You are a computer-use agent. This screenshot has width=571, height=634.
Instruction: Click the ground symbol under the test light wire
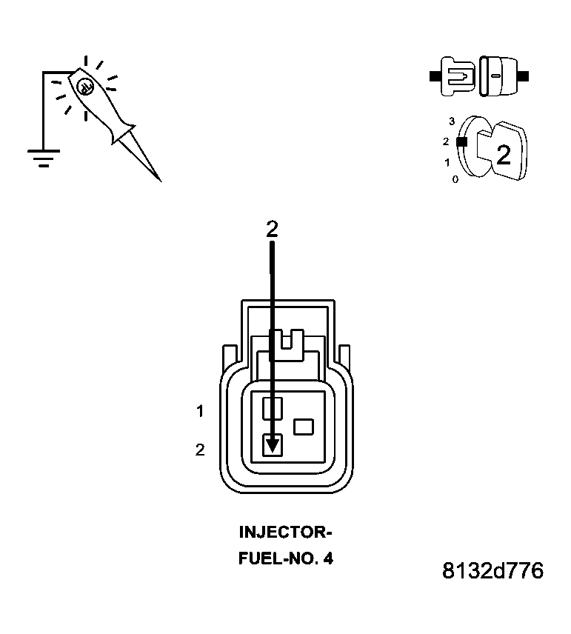point(44,158)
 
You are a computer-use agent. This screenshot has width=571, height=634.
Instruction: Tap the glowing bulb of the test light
point(84,85)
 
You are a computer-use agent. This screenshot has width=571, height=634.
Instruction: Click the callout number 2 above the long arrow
point(272,230)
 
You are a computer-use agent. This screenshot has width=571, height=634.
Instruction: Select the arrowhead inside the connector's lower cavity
point(273,444)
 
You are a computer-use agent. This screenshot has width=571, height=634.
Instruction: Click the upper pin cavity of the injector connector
point(273,407)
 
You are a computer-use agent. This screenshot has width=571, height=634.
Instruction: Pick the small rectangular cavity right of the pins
point(304,427)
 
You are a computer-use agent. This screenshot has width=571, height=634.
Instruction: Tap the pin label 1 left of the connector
point(200,410)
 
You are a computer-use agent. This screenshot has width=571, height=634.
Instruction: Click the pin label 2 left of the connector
point(200,450)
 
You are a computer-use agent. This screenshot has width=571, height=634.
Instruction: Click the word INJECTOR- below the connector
point(285,532)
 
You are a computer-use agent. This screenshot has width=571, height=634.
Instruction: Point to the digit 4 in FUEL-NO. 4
point(327,558)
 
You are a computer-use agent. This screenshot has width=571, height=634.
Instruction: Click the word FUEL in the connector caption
point(256,558)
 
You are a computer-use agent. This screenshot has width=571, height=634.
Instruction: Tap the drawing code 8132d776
point(492,571)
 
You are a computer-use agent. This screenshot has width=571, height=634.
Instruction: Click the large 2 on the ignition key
point(503,155)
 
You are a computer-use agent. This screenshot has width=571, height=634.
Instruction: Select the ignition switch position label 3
point(451,121)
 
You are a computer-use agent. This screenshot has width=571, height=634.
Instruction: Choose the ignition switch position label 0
point(455,179)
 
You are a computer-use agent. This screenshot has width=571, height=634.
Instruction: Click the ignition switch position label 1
point(447,161)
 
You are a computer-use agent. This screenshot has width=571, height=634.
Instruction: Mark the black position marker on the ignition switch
point(461,141)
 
